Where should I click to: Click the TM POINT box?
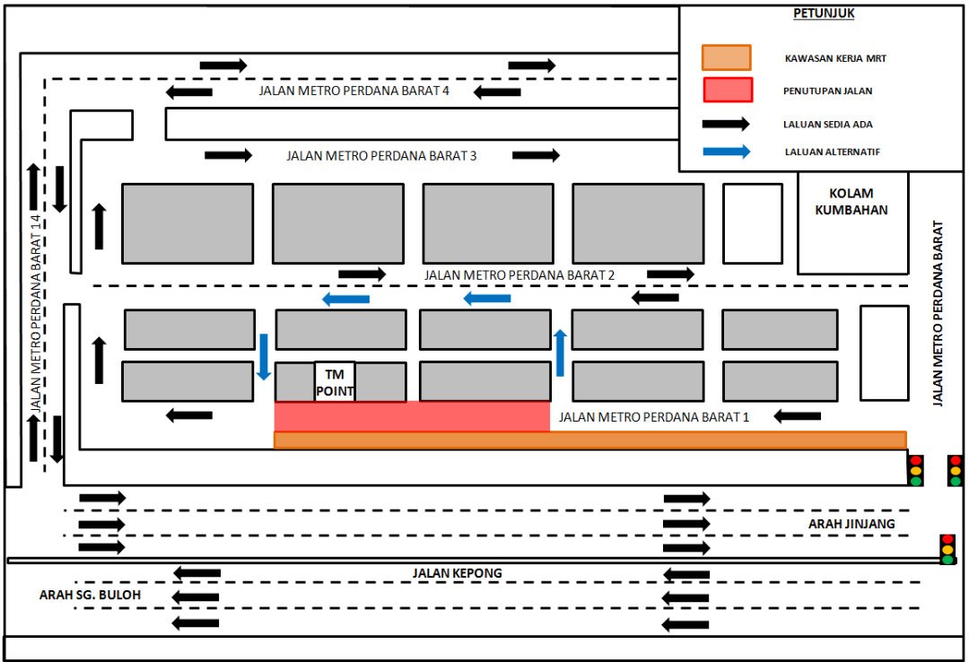point(335,381)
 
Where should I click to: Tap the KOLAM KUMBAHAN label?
point(852,202)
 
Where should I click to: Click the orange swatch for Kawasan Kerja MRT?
point(726,57)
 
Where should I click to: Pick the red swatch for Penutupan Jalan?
point(727,91)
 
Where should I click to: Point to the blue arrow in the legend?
point(726,152)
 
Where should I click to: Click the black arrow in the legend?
point(726,122)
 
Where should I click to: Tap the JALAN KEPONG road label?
point(457,573)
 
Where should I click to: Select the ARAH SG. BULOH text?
point(90,595)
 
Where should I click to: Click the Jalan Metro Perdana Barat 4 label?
point(354,91)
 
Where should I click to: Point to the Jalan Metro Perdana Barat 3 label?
point(381,155)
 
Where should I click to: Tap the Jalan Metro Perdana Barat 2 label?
point(519,274)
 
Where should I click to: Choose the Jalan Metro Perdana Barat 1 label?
point(653,416)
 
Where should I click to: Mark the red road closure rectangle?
point(412,416)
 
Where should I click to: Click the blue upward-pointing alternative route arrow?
point(560,353)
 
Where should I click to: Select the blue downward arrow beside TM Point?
point(264,356)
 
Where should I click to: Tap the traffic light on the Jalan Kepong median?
point(947,548)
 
